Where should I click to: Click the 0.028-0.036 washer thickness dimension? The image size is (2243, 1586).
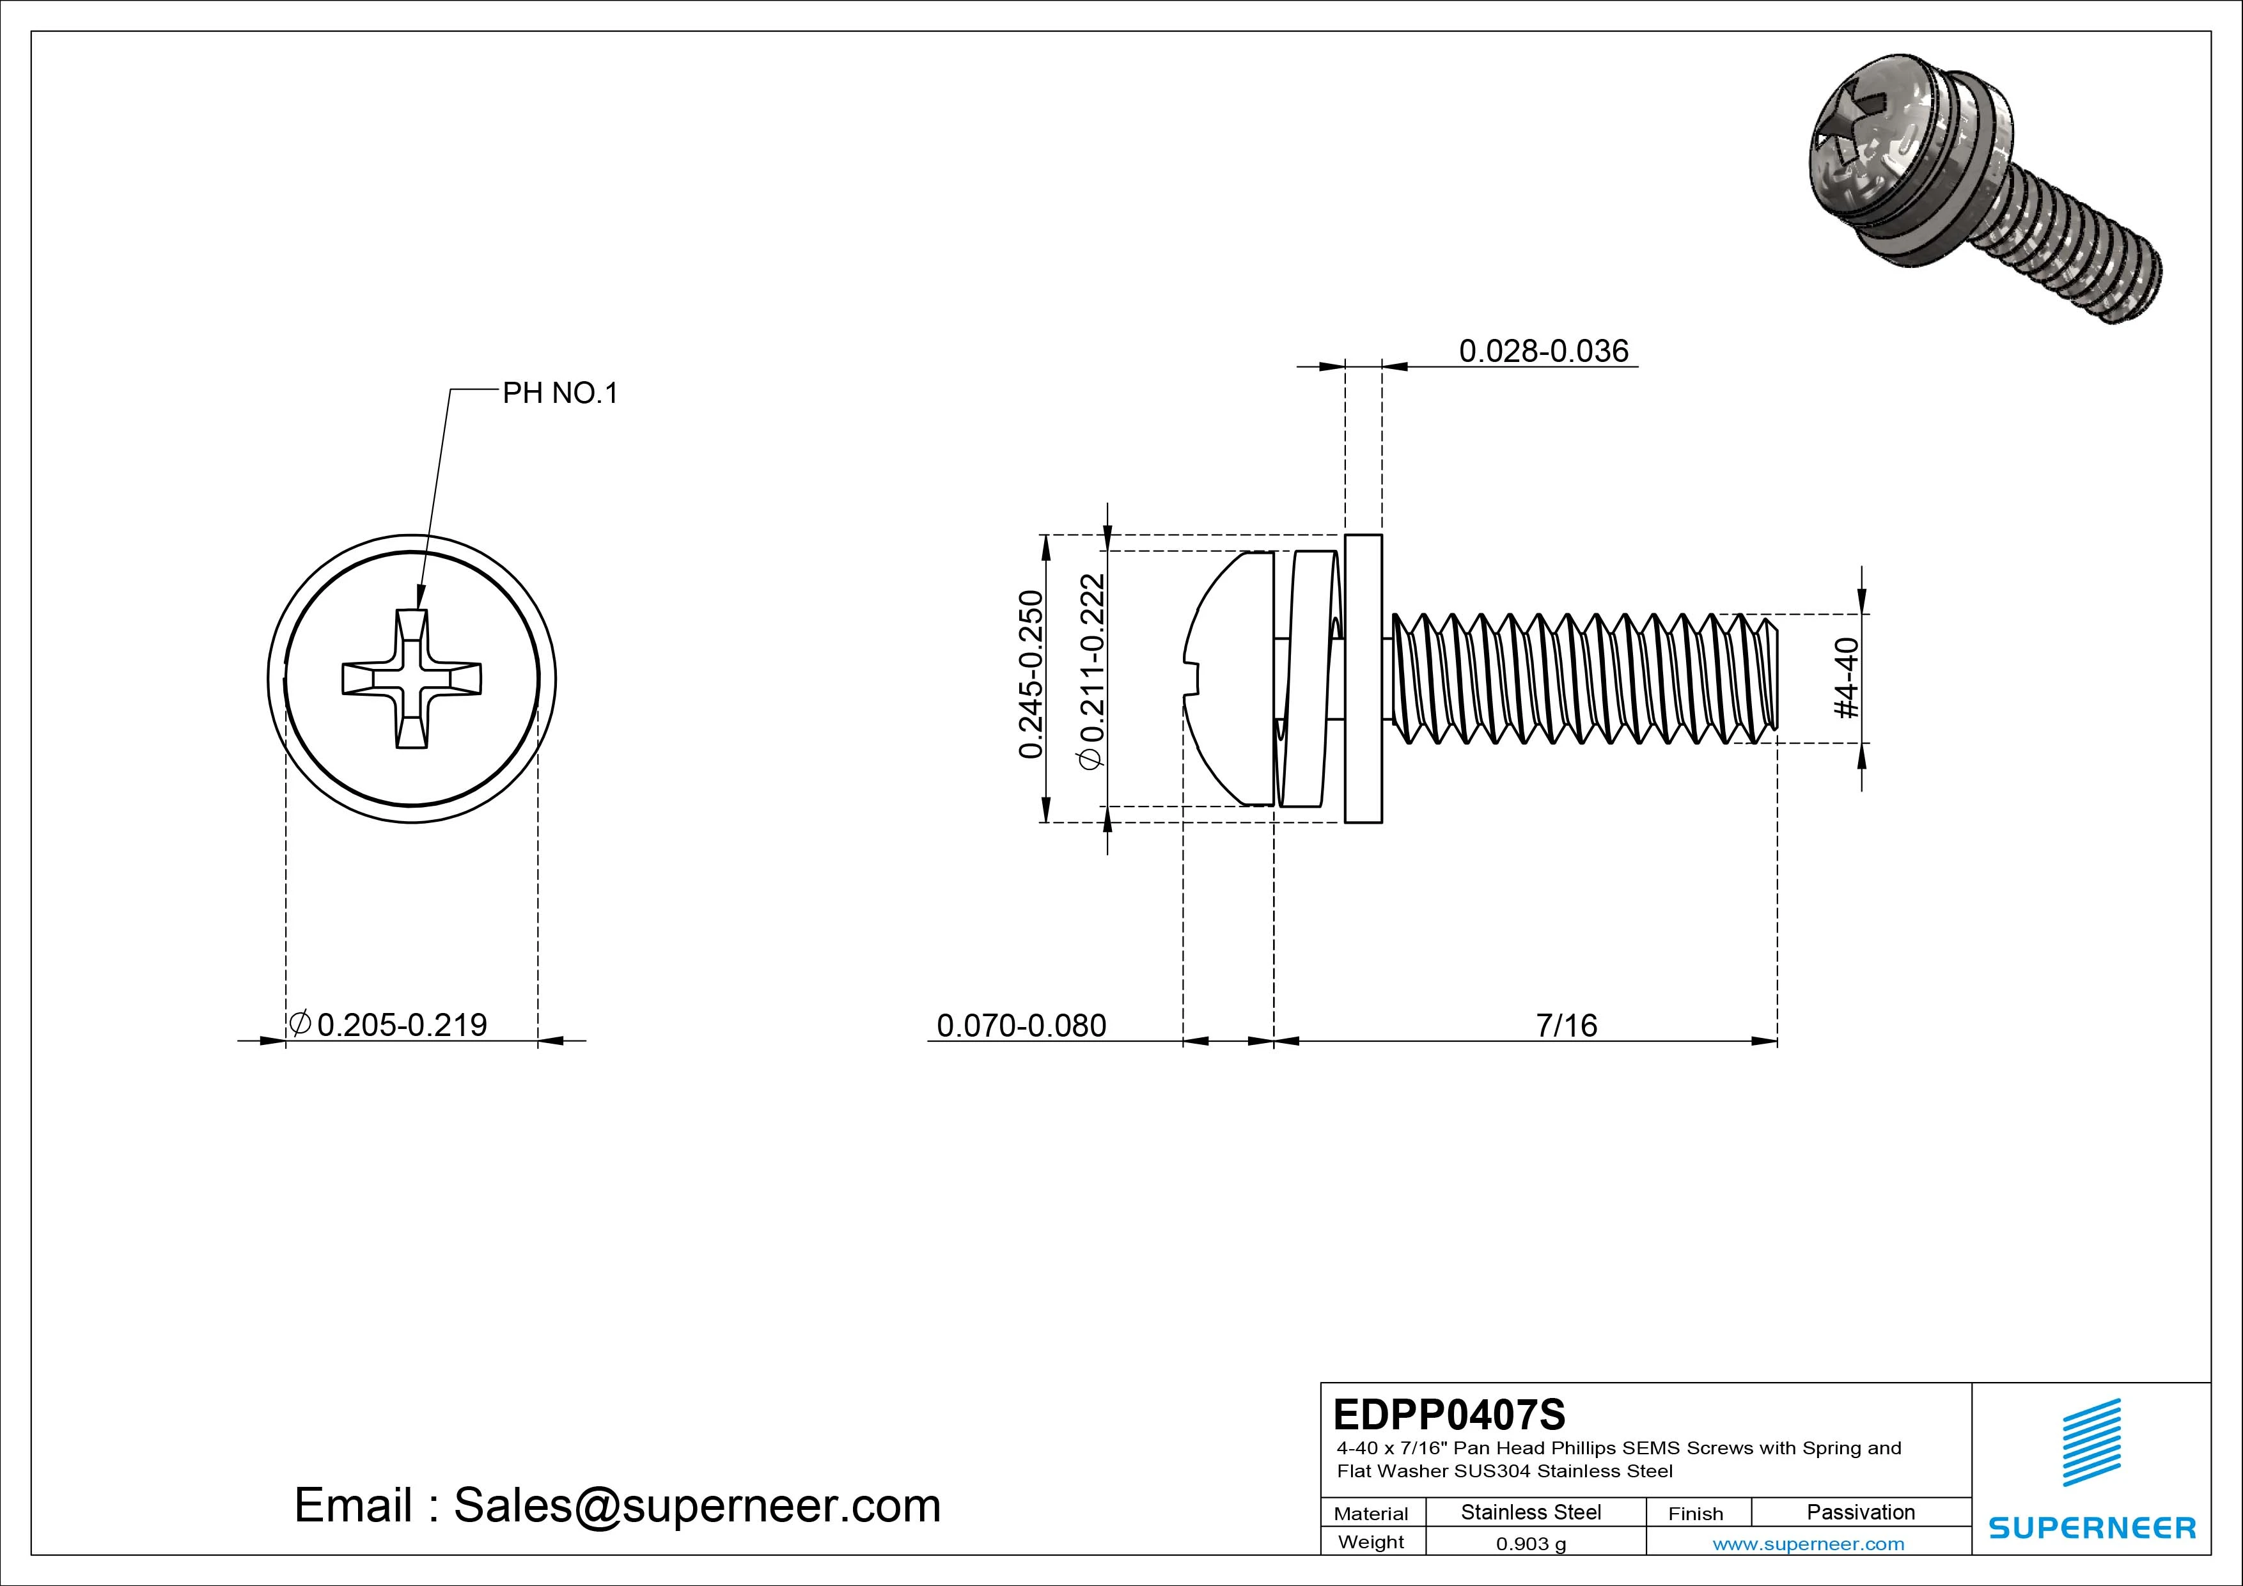[x=1544, y=351]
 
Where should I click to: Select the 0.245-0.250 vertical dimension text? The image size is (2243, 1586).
[x=1031, y=674]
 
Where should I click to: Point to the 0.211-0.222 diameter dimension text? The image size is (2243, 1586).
[x=1092, y=672]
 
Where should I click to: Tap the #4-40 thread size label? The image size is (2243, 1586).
[x=1847, y=678]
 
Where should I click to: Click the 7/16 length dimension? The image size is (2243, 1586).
[x=1566, y=1025]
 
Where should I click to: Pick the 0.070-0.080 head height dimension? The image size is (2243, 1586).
[x=1021, y=1025]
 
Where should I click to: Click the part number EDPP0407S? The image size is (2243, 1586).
[x=1449, y=1414]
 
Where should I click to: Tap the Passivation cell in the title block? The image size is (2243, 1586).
[x=1860, y=1512]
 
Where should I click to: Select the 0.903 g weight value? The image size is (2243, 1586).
[x=1531, y=1544]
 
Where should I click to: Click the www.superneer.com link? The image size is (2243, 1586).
[x=1808, y=1544]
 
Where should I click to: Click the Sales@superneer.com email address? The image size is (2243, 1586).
[x=696, y=1505]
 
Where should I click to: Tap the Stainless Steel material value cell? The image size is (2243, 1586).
[x=1531, y=1512]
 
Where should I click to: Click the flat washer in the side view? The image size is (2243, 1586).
[x=1364, y=679]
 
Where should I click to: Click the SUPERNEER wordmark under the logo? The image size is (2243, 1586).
[x=2091, y=1527]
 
